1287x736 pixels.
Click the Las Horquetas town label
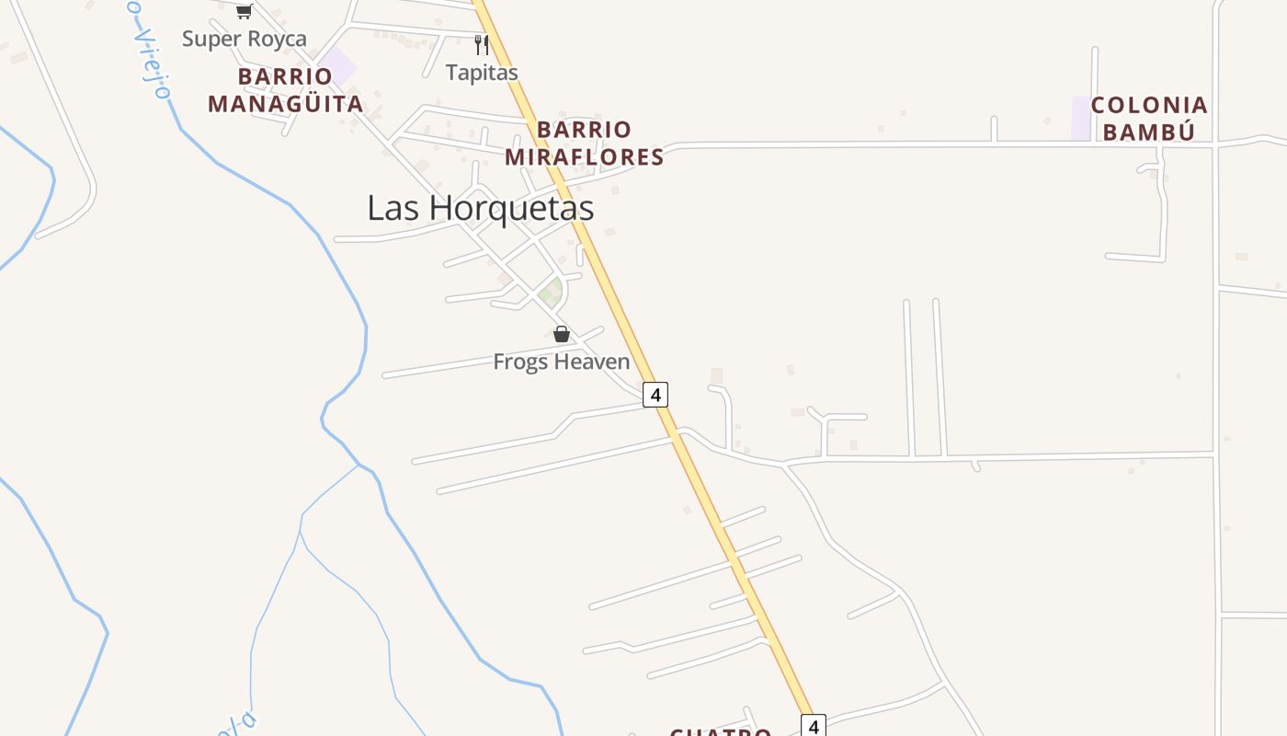[x=480, y=208]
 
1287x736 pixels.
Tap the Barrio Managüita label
[x=285, y=90]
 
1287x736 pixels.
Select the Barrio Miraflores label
[x=584, y=144]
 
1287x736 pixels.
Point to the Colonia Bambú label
[x=1148, y=119]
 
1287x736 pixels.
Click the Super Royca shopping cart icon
[x=244, y=11]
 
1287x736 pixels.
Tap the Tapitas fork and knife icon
[x=481, y=44]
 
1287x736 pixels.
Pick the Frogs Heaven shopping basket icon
[x=562, y=333]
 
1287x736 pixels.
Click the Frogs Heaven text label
[x=561, y=362]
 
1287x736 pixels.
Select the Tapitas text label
[x=482, y=72]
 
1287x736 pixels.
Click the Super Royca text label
[x=244, y=39]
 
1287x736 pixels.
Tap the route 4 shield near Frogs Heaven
[x=655, y=395]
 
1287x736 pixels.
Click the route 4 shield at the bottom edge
[x=814, y=726]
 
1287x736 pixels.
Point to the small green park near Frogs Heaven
[x=551, y=293]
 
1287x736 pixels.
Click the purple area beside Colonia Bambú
[x=1081, y=118]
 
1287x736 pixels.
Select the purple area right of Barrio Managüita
[x=339, y=67]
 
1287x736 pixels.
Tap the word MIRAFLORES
[x=584, y=157]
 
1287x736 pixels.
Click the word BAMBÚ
[x=1148, y=132]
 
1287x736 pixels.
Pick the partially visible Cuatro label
[x=721, y=731]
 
